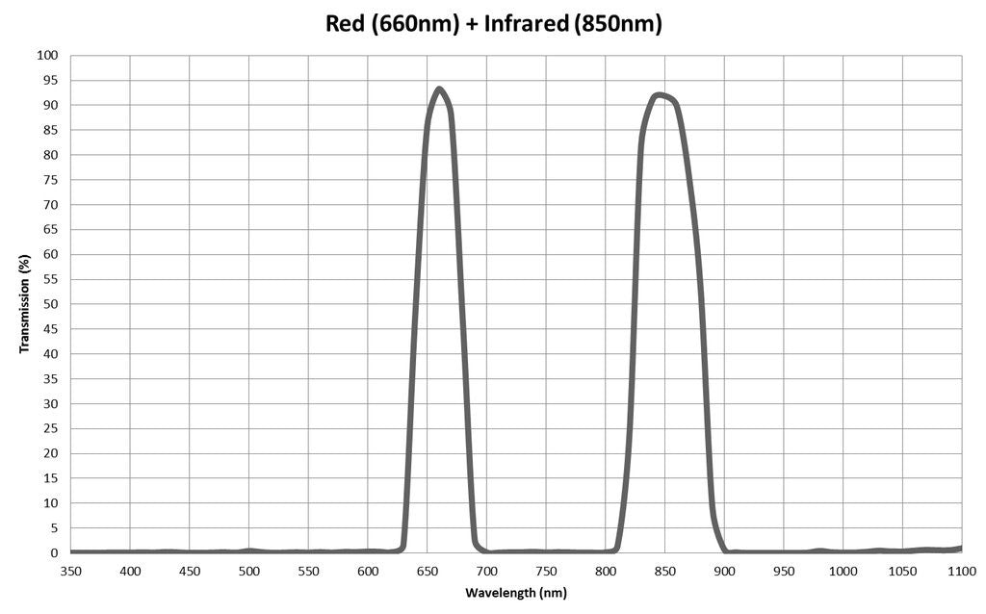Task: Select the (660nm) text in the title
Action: coord(419,24)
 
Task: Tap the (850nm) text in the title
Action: coord(617,24)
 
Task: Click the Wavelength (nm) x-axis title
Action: coord(516,593)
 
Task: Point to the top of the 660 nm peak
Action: coord(439,90)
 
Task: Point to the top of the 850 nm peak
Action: coord(659,94)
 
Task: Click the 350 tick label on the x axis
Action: coord(70,572)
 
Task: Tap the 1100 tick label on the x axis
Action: coord(960,572)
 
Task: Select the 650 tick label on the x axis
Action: coord(427,572)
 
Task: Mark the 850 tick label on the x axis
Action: coord(664,572)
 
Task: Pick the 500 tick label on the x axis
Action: coord(248,572)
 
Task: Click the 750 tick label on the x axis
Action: coord(545,572)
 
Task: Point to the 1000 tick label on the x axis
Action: coord(843,572)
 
